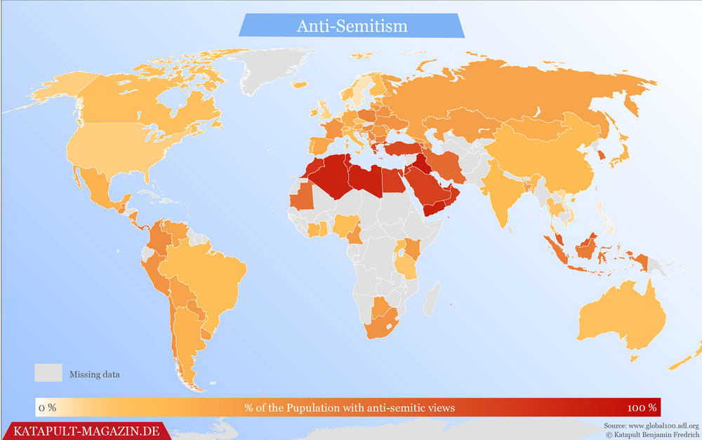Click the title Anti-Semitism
(352, 26)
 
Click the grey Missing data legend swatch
(48, 373)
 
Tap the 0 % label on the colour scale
(48, 408)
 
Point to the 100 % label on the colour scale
(642, 408)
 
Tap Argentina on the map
(186, 337)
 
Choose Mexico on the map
(98, 188)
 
